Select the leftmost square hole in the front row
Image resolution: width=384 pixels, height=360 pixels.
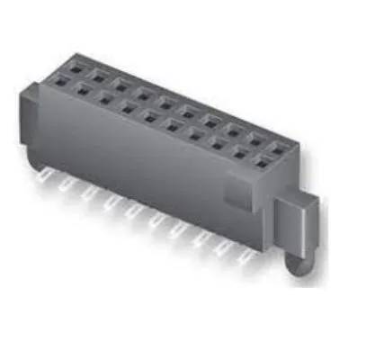coord(62,82)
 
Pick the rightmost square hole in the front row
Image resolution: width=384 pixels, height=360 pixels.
coord(262,161)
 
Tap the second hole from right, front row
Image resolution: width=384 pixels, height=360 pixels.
coord(240,152)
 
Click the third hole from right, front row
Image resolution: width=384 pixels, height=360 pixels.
coord(218,143)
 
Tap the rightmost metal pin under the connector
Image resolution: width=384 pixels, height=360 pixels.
coord(245,260)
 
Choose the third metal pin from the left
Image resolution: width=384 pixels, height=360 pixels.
coord(88,199)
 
